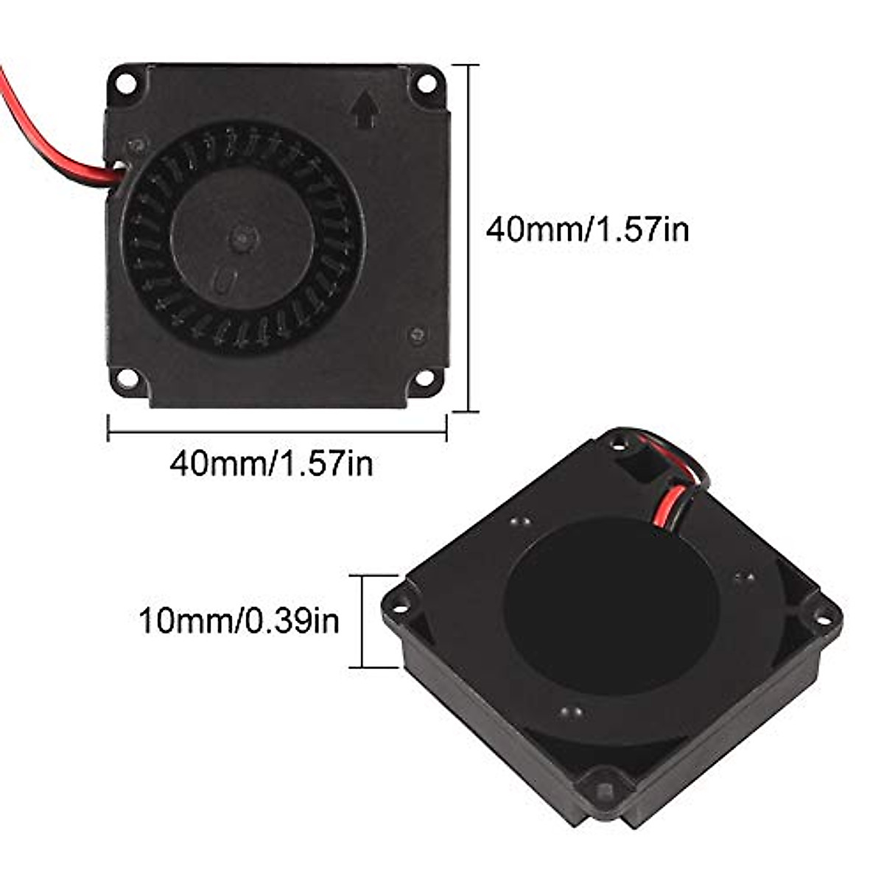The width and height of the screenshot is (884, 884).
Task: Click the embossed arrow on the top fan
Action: [x=366, y=111]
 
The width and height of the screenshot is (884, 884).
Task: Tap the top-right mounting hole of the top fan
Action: [x=426, y=83]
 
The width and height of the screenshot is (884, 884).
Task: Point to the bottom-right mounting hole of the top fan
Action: [x=425, y=379]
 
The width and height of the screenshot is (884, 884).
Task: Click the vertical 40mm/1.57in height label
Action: [x=587, y=229]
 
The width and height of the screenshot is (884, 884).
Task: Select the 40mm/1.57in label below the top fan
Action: [x=271, y=464]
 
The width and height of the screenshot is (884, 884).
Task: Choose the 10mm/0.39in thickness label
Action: [x=239, y=621]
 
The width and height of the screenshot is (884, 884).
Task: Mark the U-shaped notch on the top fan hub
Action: [x=223, y=281]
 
